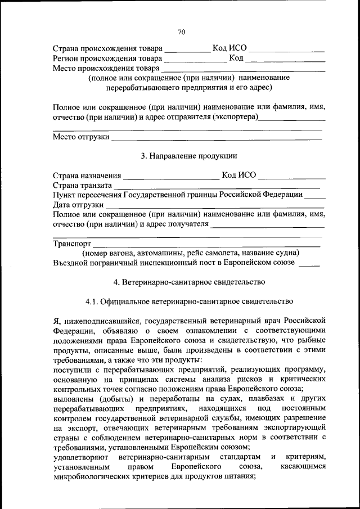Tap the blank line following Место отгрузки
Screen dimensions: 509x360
[x=217, y=138]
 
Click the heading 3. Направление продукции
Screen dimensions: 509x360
[x=188, y=156]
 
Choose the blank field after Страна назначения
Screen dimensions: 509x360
[x=171, y=176]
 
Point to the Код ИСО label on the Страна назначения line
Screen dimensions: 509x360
[x=239, y=175]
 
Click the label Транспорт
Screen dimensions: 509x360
[x=72, y=244]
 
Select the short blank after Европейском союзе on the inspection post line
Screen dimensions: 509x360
[x=309, y=263]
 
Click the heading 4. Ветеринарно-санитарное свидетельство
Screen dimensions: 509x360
[x=189, y=281]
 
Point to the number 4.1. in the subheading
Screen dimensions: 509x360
[x=93, y=301]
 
